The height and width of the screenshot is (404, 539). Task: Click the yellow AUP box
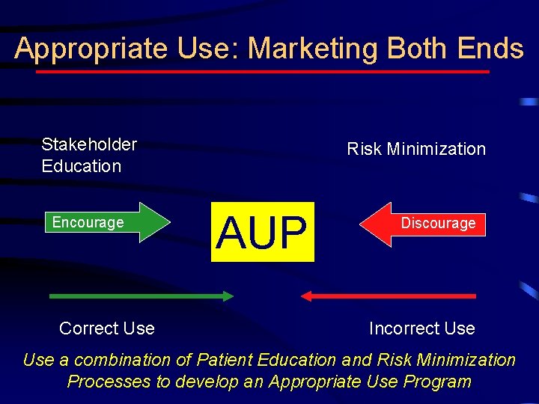pyautogui.click(x=262, y=231)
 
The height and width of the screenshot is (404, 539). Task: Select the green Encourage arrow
pyautogui.click(x=104, y=223)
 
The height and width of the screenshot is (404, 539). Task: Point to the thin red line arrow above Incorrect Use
pyautogui.click(x=389, y=296)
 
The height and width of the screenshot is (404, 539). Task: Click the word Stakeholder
pyautogui.click(x=89, y=144)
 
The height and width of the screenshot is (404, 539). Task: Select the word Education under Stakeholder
pyautogui.click(x=81, y=166)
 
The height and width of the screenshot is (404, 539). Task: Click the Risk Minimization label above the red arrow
pyautogui.click(x=416, y=149)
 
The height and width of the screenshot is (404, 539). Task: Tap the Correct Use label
pyautogui.click(x=107, y=328)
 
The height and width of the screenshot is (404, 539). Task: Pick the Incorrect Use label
pyautogui.click(x=421, y=328)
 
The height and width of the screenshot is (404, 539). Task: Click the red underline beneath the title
pyautogui.click(x=262, y=72)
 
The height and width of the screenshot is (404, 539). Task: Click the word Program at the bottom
pyautogui.click(x=436, y=382)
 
